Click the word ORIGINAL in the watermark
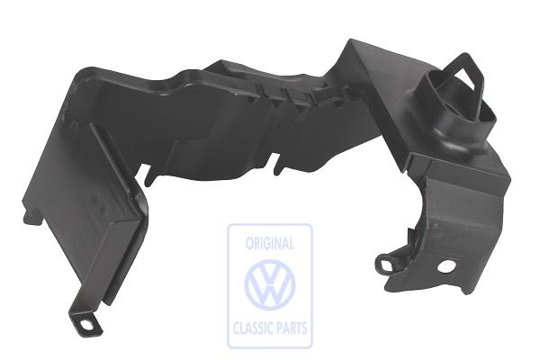coord(270,243)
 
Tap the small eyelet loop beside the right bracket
coord(386,264)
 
